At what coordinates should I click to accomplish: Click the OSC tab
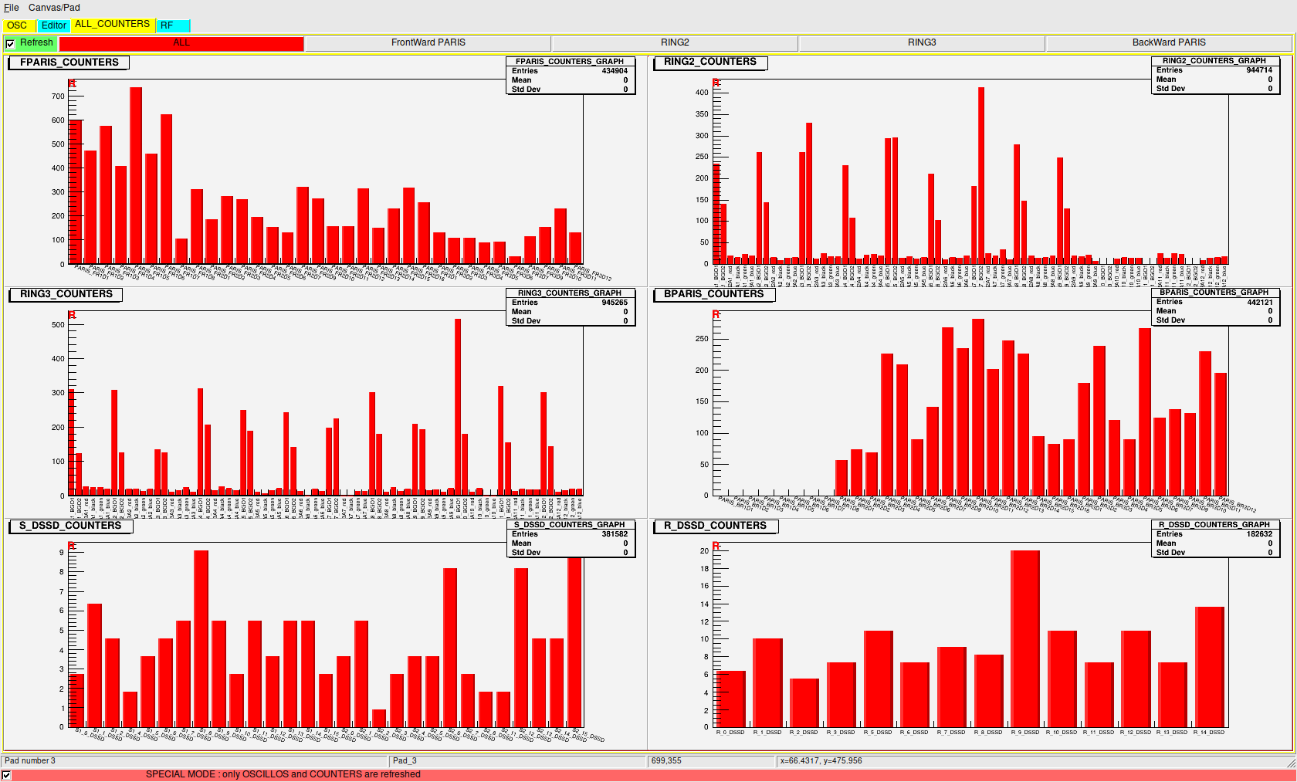(x=17, y=25)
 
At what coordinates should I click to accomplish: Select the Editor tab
(x=53, y=25)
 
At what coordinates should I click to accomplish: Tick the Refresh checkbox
(x=10, y=44)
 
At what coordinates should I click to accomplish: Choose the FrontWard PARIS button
(x=428, y=42)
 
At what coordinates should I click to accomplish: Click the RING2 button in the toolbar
(x=675, y=42)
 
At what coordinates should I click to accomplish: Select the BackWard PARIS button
(x=1168, y=42)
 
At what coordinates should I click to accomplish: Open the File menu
(x=12, y=8)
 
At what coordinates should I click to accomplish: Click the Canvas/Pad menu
(x=54, y=8)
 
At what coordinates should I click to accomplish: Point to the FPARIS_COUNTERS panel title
(x=69, y=63)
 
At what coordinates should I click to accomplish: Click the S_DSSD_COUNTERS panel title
(x=70, y=526)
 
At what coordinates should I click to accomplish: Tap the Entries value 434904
(x=615, y=71)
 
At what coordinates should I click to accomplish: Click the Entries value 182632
(x=1259, y=534)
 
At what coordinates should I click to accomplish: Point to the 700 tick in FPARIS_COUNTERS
(x=58, y=96)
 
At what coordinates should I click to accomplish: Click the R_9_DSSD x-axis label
(x=1025, y=733)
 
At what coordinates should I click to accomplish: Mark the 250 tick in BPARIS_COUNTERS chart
(x=701, y=339)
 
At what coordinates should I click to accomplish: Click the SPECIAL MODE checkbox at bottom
(x=7, y=775)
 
